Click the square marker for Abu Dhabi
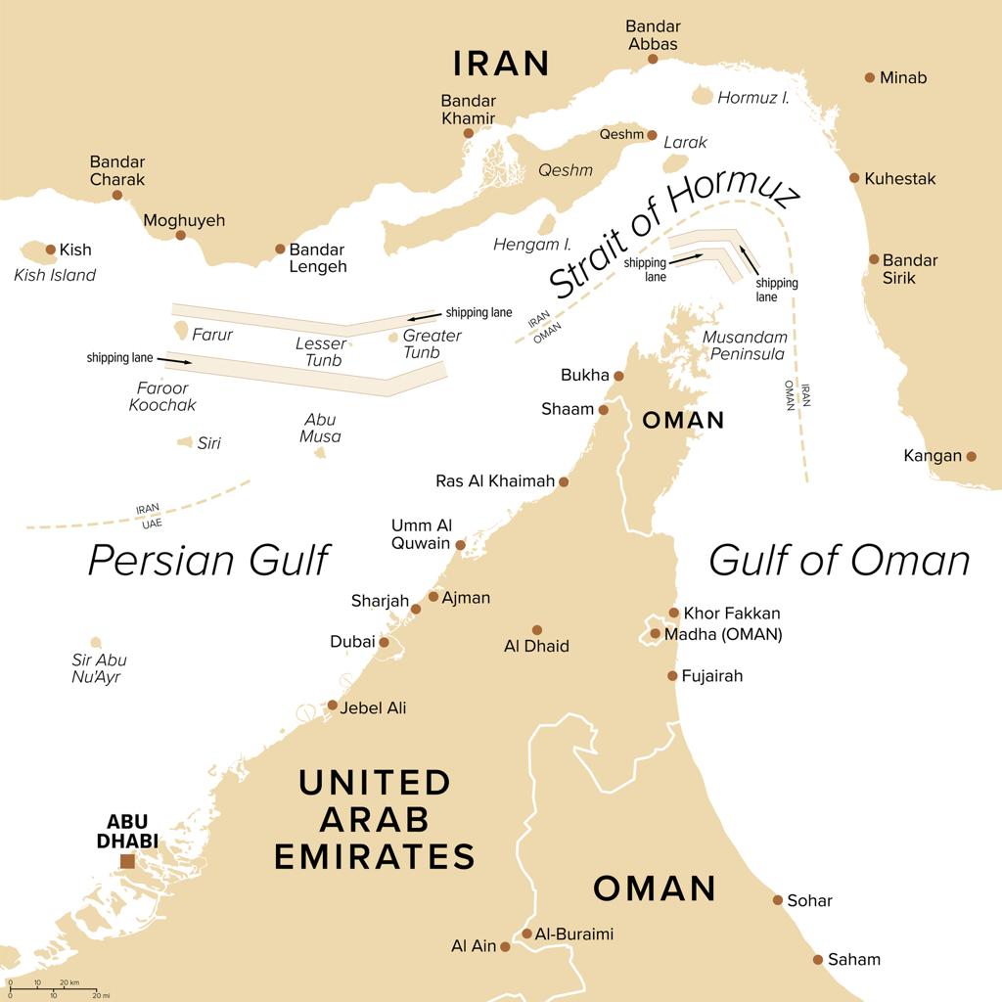[x=127, y=861]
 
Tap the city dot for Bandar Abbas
[x=653, y=59]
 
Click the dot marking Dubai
[x=385, y=643]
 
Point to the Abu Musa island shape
[x=320, y=452]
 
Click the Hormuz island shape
[x=703, y=96]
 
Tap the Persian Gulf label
[x=208, y=561]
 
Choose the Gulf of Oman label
[x=839, y=561]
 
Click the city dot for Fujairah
[x=672, y=676]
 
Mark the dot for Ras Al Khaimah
[x=563, y=481]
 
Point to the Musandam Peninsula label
[x=744, y=345]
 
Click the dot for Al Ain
[x=505, y=946]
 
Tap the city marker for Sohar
[x=778, y=900]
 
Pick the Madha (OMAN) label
[x=723, y=634]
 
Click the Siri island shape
[x=184, y=442]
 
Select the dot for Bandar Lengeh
[x=280, y=250]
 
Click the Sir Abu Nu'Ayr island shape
[x=96, y=643]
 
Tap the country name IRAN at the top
[x=501, y=64]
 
